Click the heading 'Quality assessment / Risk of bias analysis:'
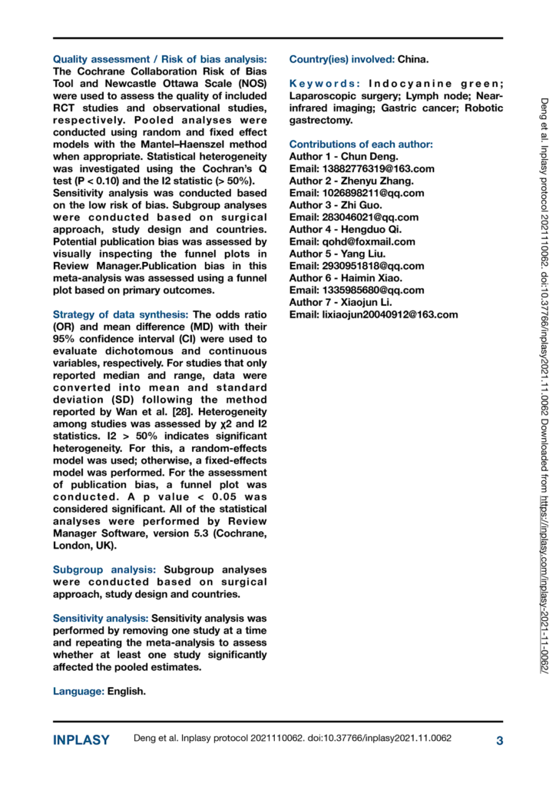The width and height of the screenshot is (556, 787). click(160, 59)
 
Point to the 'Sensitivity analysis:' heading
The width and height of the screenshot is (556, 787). click(101, 618)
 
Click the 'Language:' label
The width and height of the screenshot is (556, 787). click(78, 692)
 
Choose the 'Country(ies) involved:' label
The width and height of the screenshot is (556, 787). click(342, 59)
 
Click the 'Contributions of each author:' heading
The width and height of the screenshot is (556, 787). click(360, 144)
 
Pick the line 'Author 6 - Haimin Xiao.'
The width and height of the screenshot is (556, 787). click(345, 278)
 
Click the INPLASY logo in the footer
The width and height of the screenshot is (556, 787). click(81, 740)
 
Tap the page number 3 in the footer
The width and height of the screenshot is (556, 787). click(499, 740)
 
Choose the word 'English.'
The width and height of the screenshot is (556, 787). click(127, 692)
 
